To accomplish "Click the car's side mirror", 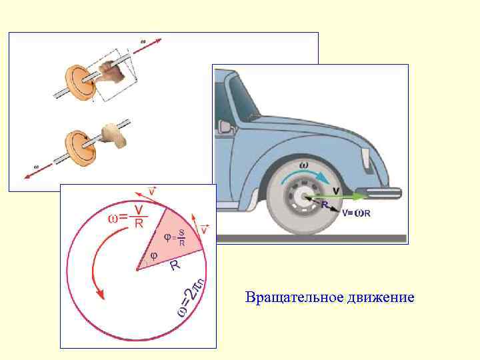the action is tap(225, 125).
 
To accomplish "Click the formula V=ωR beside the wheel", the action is tap(357, 214).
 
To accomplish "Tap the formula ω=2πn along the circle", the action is tap(191, 297).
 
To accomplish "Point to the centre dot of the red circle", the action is tap(137, 269).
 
